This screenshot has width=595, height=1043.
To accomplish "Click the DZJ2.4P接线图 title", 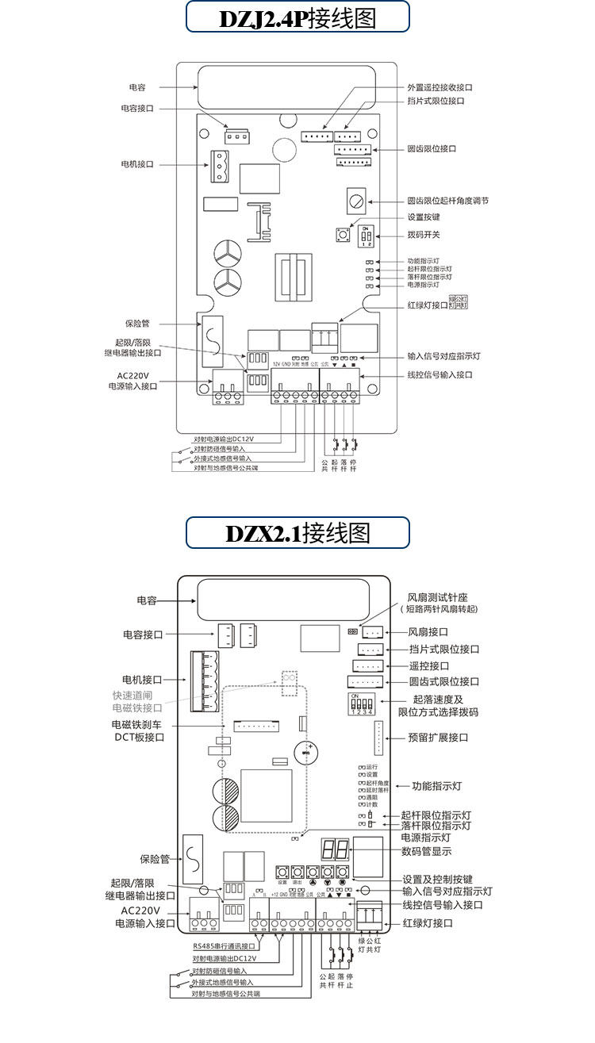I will (297, 17).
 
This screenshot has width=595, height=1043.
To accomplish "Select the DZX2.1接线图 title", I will (297, 532).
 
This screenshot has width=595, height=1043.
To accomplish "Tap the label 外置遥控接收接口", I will (444, 87).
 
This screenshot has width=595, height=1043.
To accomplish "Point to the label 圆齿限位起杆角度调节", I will (447, 201).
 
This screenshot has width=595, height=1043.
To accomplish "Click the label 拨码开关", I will (424, 235).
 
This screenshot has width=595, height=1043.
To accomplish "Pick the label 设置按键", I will (423, 217).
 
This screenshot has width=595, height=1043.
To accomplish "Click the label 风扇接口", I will (428, 632).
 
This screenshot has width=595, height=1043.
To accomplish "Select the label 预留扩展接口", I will (438, 738).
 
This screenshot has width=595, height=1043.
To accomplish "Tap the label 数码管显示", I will (426, 851).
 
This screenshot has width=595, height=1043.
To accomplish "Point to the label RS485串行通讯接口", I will (225, 946).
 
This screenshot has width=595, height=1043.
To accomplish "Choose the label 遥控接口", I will (429, 666).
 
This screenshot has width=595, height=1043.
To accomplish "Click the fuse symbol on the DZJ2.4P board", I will (213, 342).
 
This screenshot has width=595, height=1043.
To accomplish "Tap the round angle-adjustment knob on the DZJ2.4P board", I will (355, 198).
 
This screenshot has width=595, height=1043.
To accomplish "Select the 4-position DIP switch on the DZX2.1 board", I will (361, 704).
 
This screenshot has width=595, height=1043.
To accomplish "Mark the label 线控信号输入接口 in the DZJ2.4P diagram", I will (440, 375).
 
